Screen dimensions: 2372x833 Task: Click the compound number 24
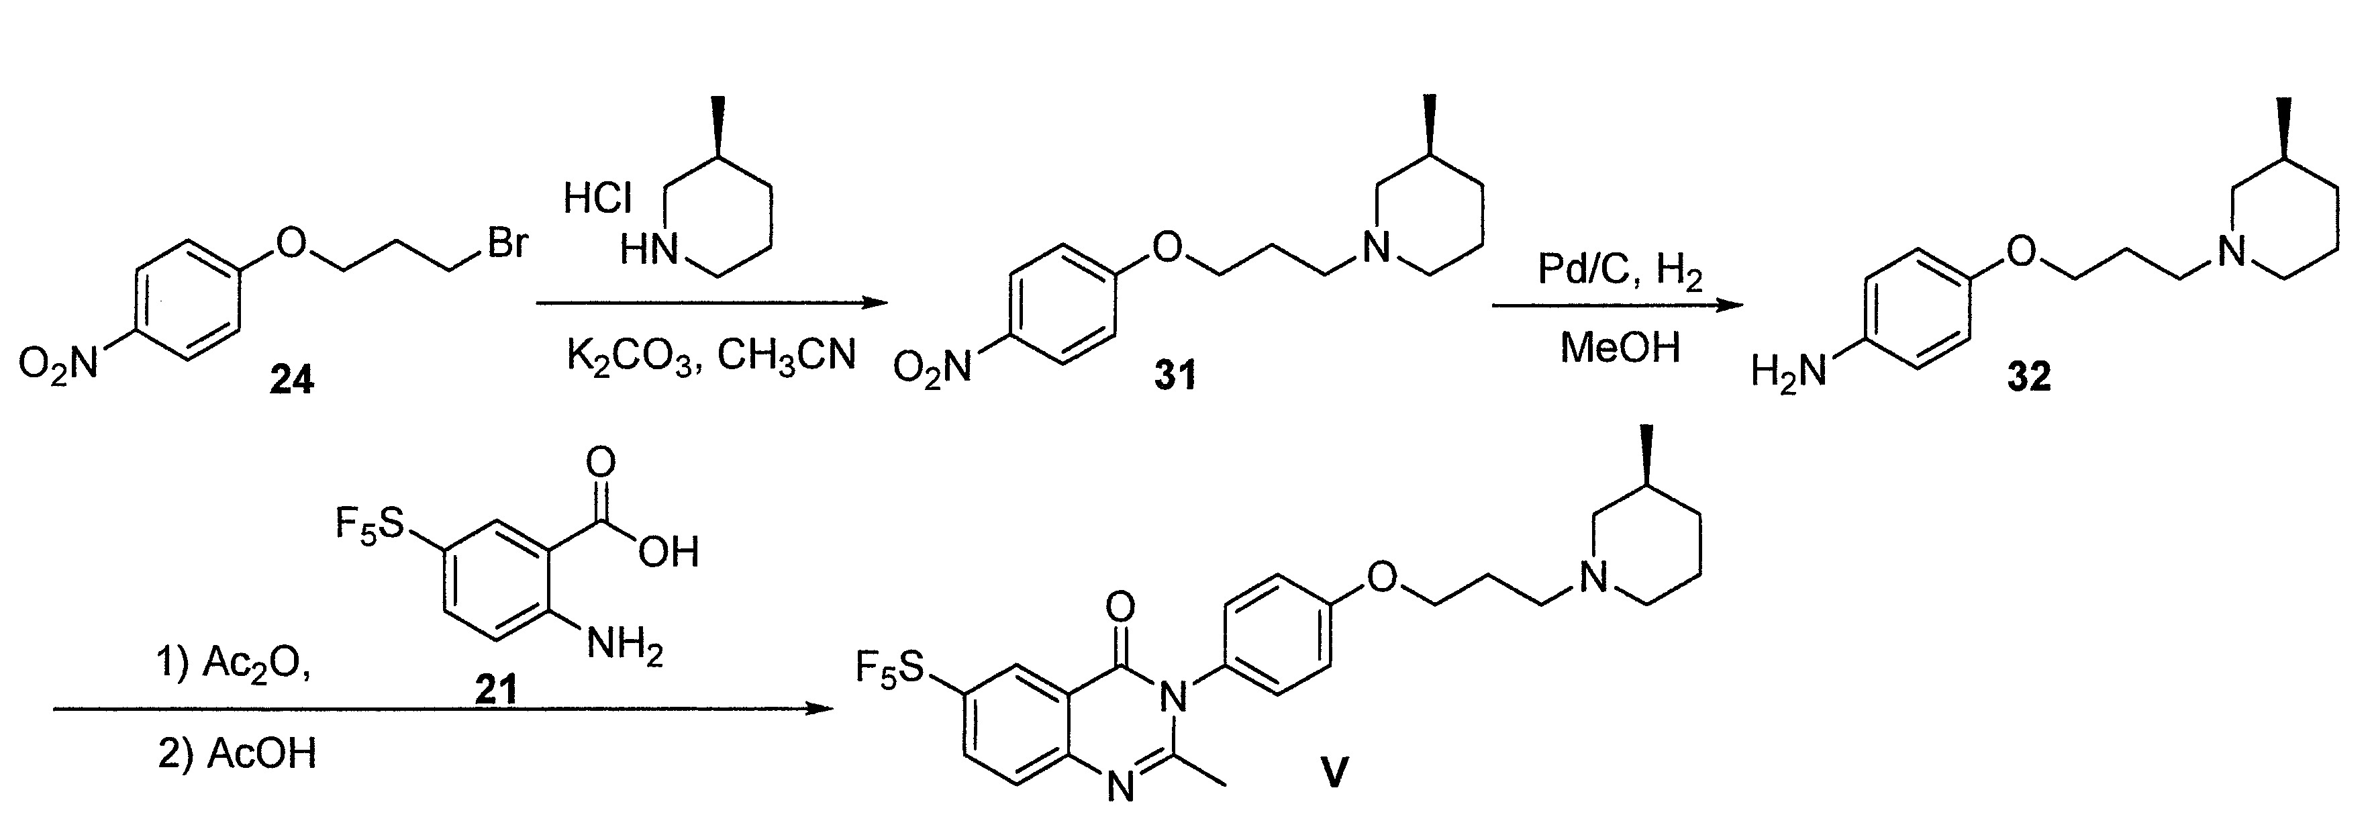291,379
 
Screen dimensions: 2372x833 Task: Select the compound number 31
1175,375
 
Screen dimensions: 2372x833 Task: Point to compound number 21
496,689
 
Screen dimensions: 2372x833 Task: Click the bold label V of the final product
1334,771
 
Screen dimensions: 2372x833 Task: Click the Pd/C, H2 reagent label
1620,273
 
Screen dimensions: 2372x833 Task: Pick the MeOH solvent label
1620,348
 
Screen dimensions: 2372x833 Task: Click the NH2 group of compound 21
624,645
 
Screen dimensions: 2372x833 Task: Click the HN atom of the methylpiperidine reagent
648,250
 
